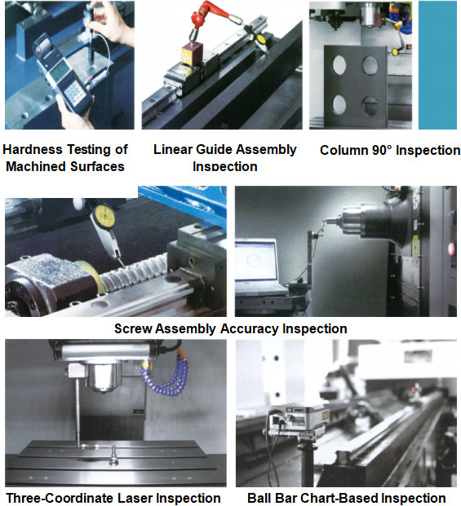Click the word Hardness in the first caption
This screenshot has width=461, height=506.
[x=33, y=149]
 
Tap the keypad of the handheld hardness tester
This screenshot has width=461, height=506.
[x=75, y=93]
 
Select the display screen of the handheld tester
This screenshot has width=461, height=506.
[x=60, y=72]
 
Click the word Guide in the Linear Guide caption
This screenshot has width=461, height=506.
[x=215, y=149]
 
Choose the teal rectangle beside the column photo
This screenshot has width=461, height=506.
[x=437, y=65]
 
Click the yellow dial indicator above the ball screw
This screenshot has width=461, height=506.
[x=104, y=215]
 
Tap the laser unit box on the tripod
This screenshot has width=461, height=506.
[x=296, y=420]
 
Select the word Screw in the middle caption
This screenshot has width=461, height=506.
[x=133, y=329]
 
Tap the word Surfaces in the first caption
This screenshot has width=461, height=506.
[x=97, y=166]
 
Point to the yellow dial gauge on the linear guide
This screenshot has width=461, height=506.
[x=261, y=39]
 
